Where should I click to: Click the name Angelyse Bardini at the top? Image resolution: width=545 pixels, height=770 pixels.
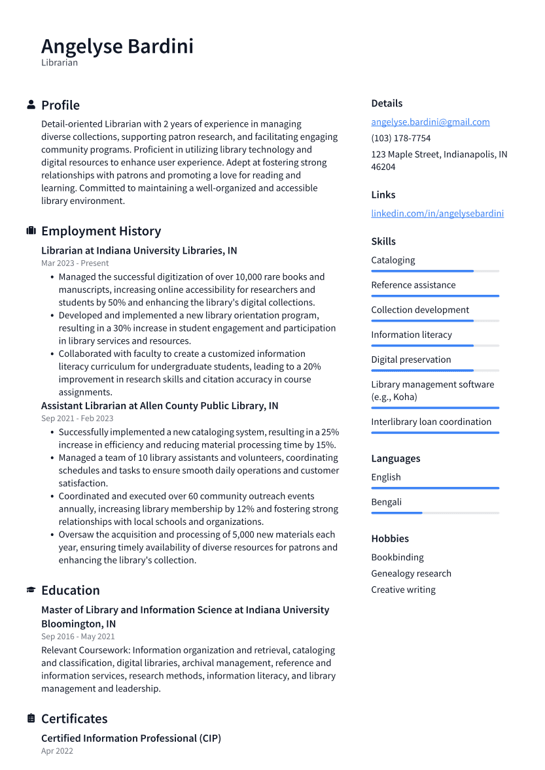pyautogui.click(x=117, y=46)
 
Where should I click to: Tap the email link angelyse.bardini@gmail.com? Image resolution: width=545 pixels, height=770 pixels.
pyautogui.click(x=430, y=122)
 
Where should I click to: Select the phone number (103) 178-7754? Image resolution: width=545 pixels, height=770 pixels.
pyautogui.click(x=400, y=139)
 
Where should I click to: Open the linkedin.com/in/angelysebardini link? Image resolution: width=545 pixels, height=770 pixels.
pyautogui.click(x=437, y=214)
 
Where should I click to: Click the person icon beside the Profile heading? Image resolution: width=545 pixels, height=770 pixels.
pyautogui.click(x=31, y=105)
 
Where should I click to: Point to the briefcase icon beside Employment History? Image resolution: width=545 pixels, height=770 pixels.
pyautogui.click(x=31, y=231)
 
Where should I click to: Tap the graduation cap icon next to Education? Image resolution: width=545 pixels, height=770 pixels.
pyautogui.click(x=31, y=590)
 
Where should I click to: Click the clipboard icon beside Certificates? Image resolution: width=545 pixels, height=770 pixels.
pyautogui.click(x=31, y=718)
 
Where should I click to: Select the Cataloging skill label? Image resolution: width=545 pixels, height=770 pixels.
pyautogui.click(x=393, y=260)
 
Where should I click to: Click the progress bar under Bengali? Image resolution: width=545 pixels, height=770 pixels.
pyautogui.click(x=434, y=513)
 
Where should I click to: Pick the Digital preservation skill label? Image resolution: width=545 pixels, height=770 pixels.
pyautogui.click(x=411, y=360)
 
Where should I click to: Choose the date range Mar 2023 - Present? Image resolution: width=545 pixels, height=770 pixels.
pyautogui.click(x=75, y=263)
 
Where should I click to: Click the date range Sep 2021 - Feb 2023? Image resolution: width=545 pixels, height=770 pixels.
pyautogui.click(x=77, y=418)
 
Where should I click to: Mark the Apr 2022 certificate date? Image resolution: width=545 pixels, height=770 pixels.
pyautogui.click(x=57, y=751)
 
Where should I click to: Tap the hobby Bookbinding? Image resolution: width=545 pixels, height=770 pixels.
pyautogui.click(x=397, y=558)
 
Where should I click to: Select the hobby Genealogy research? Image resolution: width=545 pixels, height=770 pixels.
pyautogui.click(x=411, y=574)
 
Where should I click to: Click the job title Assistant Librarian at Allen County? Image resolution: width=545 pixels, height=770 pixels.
pyautogui.click(x=160, y=406)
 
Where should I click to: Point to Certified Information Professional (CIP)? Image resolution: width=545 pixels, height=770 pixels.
pyautogui.click(x=131, y=738)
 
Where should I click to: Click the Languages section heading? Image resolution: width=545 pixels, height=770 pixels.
pyautogui.click(x=395, y=459)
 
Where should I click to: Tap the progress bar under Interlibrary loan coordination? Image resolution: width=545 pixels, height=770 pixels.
pyautogui.click(x=434, y=433)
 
